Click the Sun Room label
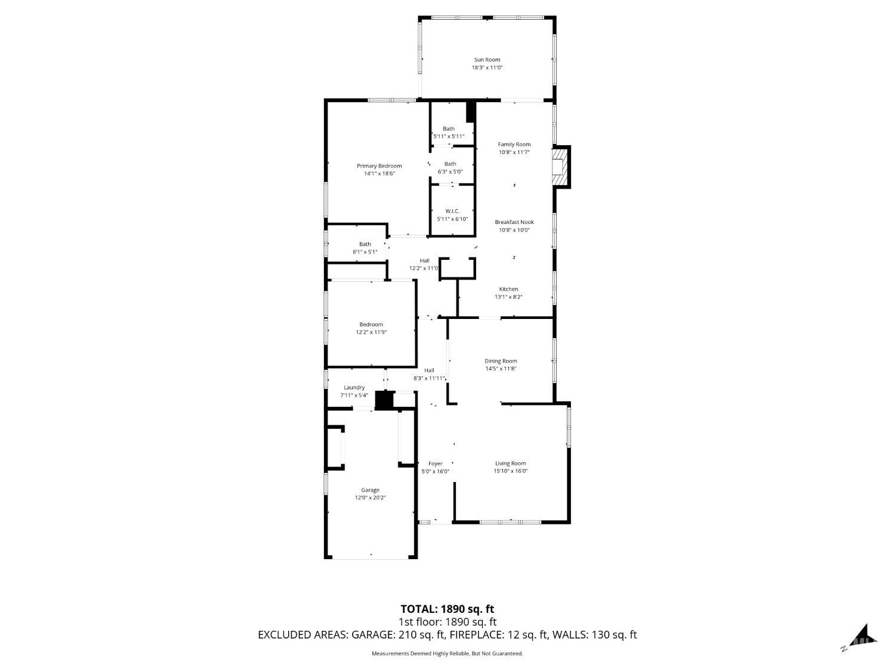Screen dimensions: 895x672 point(487,60)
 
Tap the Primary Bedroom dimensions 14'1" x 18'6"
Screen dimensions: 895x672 point(379,173)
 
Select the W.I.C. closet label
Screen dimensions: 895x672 point(452,211)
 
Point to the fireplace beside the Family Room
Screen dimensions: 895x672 point(561,167)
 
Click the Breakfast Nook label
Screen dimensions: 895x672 point(514,222)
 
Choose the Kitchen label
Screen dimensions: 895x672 point(508,289)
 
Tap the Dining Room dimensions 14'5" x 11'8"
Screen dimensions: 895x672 point(501,369)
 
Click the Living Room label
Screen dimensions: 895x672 point(511,463)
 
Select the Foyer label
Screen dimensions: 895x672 point(436,464)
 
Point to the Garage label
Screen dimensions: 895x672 point(371,490)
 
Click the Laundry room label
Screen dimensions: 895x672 point(354,387)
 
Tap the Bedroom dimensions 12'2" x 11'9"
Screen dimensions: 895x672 point(371,332)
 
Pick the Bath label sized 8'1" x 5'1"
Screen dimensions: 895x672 point(365,244)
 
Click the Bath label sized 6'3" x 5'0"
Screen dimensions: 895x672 point(450,164)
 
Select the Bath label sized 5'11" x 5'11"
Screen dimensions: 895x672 point(449,128)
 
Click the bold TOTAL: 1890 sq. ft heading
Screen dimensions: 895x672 point(447,609)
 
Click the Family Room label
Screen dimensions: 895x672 point(514,145)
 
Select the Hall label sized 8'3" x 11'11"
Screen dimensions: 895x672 point(429,370)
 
